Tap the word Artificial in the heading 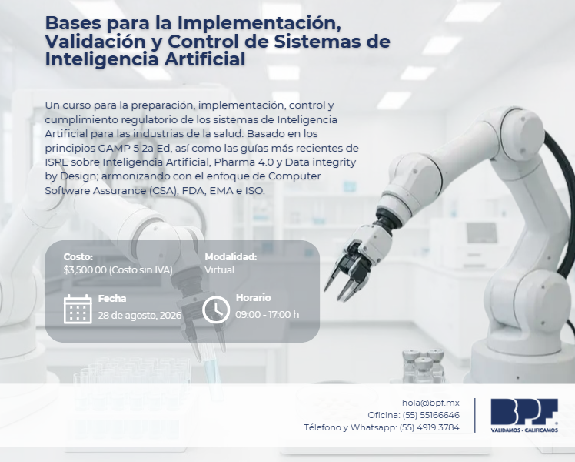(x=204, y=59)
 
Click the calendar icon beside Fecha (x=78, y=310)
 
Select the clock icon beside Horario (x=216, y=310)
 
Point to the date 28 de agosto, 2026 (x=140, y=315)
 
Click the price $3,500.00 (x=85, y=270)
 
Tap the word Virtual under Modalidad (x=219, y=270)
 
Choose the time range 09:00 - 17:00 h (x=267, y=315)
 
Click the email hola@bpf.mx (x=430, y=403)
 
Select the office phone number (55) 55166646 (x=431, y=415)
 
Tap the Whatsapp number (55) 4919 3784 (x=429, y=427)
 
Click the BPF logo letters (x=524, y=411)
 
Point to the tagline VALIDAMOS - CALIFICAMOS (x=524, y=430)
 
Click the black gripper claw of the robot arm (x=348, y=270)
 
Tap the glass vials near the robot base (x=424, y=366)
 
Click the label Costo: (x=78, y=256)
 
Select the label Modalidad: (x=231, y=256)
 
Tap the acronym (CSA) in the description (x=163, y=191)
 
